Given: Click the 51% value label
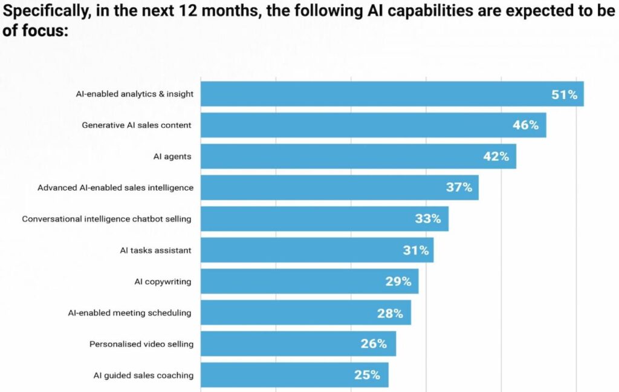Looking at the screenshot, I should (564, 94).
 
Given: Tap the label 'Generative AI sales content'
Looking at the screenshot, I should (137, 125).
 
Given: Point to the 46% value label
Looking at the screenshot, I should (525, 125).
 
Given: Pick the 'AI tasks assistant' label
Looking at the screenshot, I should (156, 250).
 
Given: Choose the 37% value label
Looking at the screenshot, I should (459, 188).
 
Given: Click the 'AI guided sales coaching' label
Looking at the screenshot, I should (143, 375).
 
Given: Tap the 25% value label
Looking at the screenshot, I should (367, 375).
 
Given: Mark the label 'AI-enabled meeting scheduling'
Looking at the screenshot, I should (129, 313).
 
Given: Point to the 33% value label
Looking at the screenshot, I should (427, 219).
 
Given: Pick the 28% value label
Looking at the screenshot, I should (390, 313).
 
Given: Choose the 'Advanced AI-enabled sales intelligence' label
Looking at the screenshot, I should (115, 188).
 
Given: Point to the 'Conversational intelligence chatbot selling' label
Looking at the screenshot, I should (107, 219).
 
